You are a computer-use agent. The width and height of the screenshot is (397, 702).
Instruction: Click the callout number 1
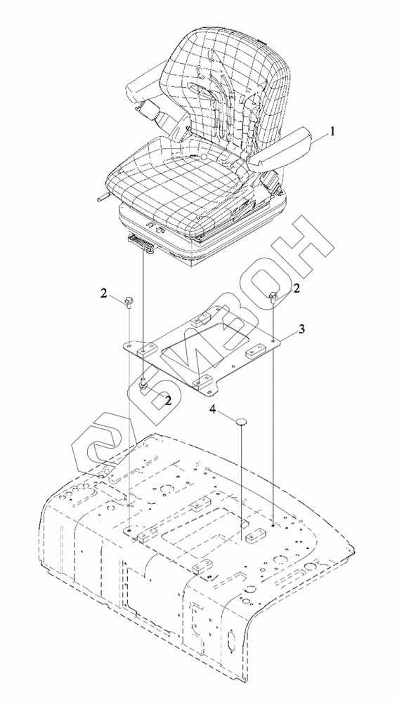click(x=332, y=132)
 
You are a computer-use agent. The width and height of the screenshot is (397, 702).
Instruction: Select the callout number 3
click(x=302, y=329)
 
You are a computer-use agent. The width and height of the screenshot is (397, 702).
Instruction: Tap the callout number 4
click(x=214, y=410)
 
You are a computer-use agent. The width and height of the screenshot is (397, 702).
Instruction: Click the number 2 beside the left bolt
click(x=104, y=293)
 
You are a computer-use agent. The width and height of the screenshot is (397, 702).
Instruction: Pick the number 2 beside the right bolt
click(x=297, y=289)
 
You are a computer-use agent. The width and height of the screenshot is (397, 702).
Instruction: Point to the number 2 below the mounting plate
click(x=169, y=400)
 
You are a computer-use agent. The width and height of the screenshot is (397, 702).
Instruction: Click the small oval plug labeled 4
click(x=242, y=421)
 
